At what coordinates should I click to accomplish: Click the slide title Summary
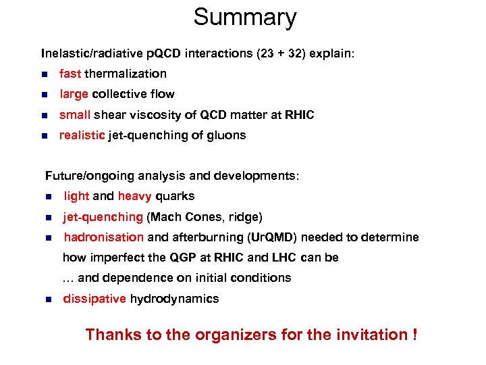244,18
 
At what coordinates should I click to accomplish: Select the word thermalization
126,74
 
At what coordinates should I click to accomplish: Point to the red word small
74,115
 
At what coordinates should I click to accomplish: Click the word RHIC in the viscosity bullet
300,115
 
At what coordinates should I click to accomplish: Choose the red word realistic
82,135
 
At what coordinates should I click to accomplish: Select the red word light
76,196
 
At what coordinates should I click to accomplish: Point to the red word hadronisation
103,237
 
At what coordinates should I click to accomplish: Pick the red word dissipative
94,299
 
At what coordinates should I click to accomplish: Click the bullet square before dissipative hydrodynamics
48,299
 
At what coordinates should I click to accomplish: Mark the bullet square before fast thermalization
44,74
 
